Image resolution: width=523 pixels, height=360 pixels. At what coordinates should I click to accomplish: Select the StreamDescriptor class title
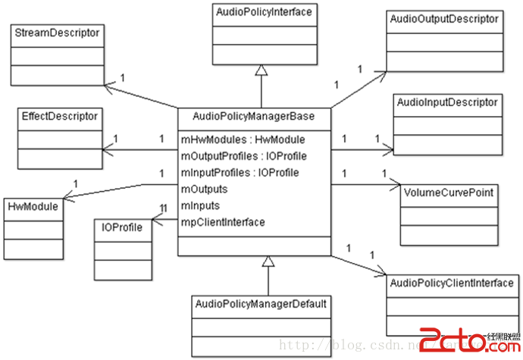(58, 33)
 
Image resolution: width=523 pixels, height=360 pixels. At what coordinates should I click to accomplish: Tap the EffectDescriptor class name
(60, 117)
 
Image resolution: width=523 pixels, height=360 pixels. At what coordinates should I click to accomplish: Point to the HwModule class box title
(31, 205)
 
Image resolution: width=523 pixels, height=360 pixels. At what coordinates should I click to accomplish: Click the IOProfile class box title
(122, 227)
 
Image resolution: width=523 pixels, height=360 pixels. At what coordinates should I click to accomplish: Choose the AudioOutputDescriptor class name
(443, 18)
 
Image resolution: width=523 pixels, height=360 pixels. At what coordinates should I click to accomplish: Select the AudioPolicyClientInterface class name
(451, 283)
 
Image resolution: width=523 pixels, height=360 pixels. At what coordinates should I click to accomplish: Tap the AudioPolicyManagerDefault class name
(261, 304)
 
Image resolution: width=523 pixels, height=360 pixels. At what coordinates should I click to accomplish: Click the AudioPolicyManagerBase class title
(254, 116)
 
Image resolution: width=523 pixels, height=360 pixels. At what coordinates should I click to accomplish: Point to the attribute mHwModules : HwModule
(243, 139)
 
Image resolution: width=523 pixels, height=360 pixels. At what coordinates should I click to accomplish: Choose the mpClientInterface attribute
(223, 222)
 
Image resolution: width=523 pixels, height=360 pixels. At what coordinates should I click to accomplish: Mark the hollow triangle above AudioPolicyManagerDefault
(268, 262)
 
